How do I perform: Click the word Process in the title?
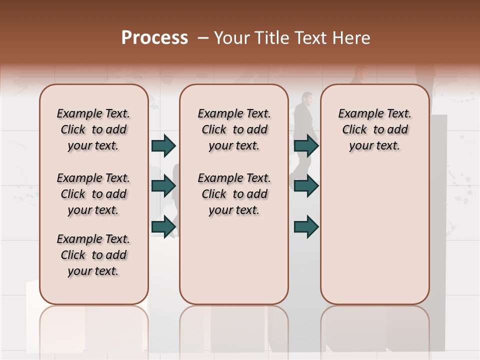click(154, 38)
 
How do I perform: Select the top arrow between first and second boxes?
click(163, 146)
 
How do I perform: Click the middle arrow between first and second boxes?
click(163, 186)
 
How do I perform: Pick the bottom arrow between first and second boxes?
click(163, 226)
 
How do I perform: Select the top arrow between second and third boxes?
click(306, 146)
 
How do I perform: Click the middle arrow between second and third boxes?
click(306, 186)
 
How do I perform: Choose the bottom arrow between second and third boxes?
click(306, 227)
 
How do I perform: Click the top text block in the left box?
click(93, 129)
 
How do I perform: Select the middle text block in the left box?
click(93, 194)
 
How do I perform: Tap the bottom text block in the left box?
click(93, 255)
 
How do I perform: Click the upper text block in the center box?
click(234, 129)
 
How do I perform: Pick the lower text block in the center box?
click(234, 194)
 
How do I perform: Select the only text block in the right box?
click(375, 129)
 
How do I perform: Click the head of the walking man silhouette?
click(306, 98)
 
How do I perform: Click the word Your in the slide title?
click(231, 38)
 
